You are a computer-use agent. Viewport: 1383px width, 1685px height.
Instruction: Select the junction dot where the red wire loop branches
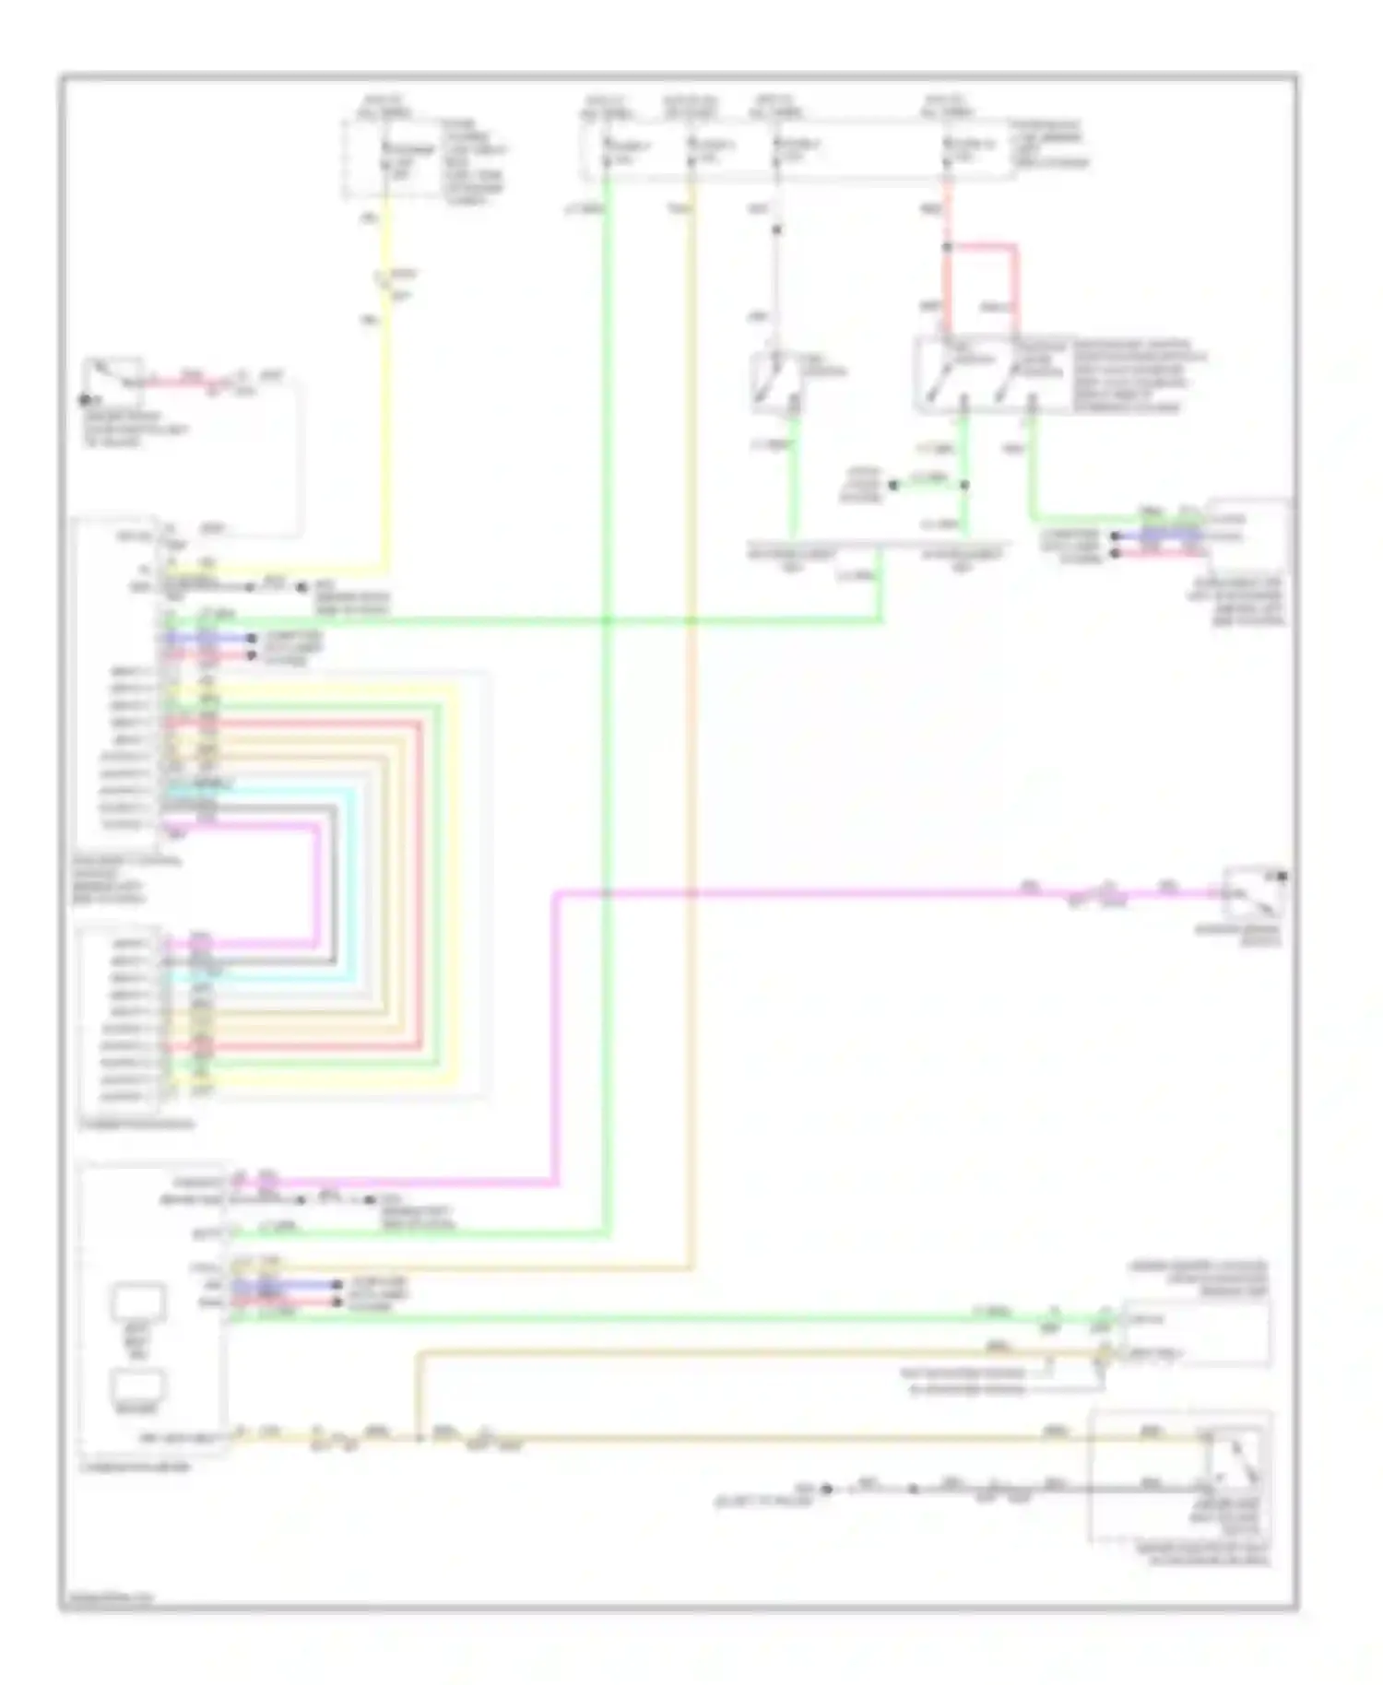click(x=947, y=247)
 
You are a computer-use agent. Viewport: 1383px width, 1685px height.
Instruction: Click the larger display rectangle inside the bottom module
click(x=139, y=1302)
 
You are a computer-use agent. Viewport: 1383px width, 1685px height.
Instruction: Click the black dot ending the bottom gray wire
click(x=827, y=1489)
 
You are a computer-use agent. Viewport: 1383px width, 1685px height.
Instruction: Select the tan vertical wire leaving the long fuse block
click(x=691, y=737)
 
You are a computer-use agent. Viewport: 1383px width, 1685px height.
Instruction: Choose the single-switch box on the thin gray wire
click(x=776, y=380)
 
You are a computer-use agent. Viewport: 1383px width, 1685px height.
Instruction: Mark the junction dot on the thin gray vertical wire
click(x=776, y=229)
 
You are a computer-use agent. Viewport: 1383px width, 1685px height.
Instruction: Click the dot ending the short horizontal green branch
click(x=893, y=485)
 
